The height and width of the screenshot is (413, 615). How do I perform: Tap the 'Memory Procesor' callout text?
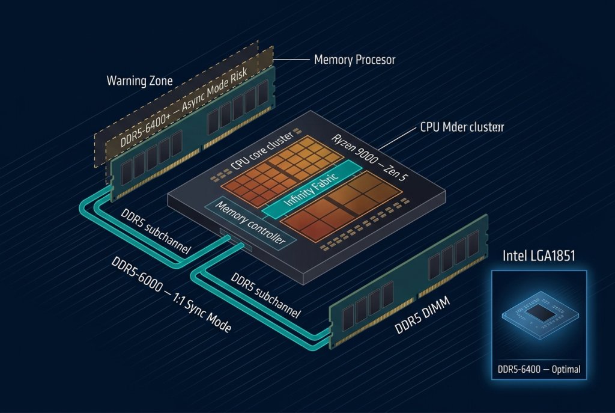click(354, 60)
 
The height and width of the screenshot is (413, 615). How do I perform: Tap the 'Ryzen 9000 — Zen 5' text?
click(366, 158)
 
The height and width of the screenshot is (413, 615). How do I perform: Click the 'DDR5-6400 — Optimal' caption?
click(539, 369)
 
